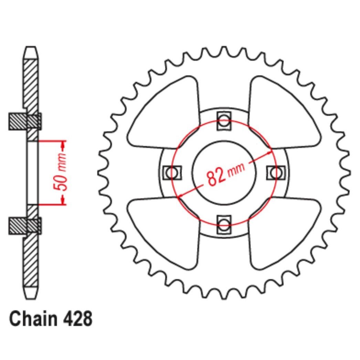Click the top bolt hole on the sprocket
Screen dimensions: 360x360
point(224,121)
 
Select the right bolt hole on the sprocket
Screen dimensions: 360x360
point(276,172)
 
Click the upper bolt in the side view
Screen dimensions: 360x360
point(25,121)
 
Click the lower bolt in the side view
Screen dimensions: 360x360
point(25,226)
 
